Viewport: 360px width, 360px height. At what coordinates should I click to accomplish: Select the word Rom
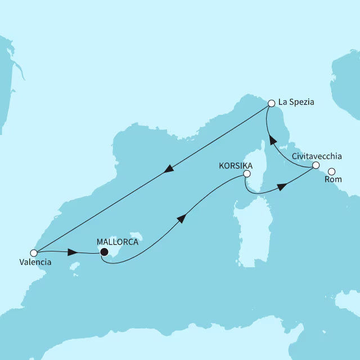[x=332, y=180]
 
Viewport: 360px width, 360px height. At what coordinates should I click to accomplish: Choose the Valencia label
[x=34, y=262]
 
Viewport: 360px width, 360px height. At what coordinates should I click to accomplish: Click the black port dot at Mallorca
[x=103, y=253]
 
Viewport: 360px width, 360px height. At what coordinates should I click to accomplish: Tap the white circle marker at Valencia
[x=34, y=253]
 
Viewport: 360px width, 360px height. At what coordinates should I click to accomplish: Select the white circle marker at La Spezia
[x=271, y=103]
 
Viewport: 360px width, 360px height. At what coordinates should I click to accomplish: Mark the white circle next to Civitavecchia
[x=316, y=165]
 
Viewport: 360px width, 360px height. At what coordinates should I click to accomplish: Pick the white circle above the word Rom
[x=332, y=172]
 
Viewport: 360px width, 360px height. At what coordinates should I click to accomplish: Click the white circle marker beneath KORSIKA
[x=246, y=174]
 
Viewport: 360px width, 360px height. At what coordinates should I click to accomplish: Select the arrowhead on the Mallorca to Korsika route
[x=181, y=219]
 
